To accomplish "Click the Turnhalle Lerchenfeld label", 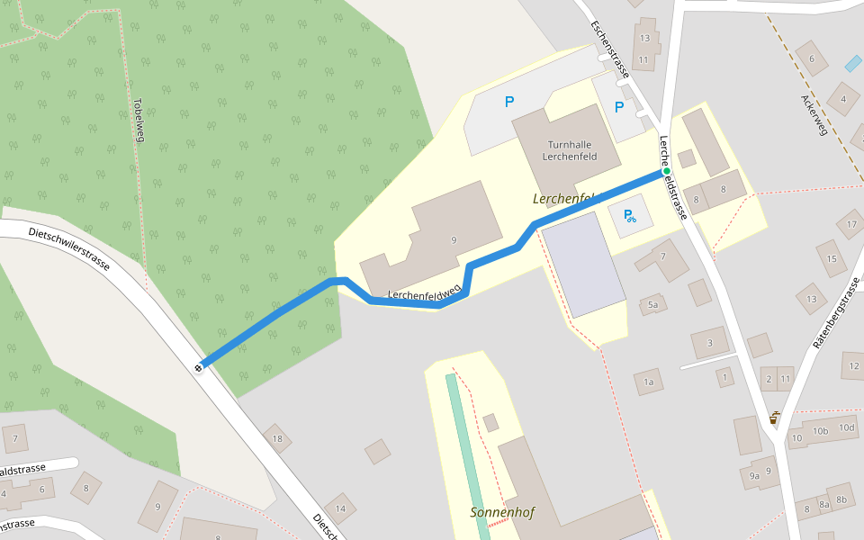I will coord(570,150).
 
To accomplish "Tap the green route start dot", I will coord(666,171).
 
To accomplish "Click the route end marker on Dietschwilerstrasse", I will coord(199,367).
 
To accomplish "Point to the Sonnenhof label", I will coord(502,513).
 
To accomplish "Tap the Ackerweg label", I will coord(814,113).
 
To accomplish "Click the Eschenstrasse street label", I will coord(609,49).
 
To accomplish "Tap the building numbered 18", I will coord(277,439).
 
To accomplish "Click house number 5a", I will coord(653,305).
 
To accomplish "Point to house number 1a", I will coord(648,382).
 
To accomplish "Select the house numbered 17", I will coord(851,223).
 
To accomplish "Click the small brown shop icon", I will coord(774,418).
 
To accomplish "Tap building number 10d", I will coord(846,427).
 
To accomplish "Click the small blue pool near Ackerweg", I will coord(852,64).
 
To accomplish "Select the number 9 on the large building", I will coord(454,239).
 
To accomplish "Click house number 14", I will coord(340,508).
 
